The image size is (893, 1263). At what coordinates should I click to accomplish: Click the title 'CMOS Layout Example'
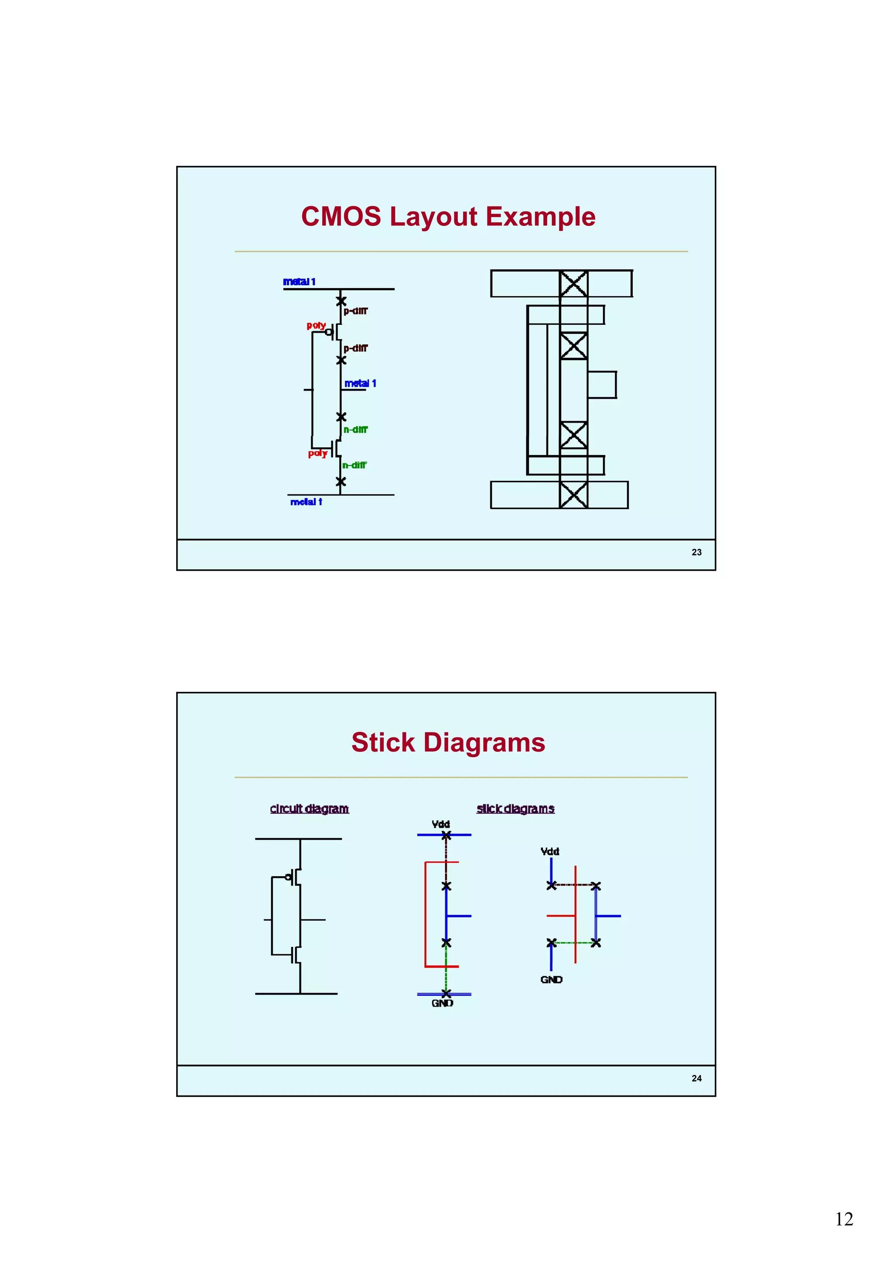click(x=448, y=216)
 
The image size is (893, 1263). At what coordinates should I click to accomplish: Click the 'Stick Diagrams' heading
click(x=448, y=742)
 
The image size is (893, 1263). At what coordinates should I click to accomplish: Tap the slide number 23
click(x=696, y=552)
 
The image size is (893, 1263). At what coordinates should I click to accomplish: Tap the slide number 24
click(x=696, y=1078)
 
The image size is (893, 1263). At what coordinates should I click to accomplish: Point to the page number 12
click(x=843, y=1219)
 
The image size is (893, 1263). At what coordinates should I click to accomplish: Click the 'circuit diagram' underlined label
click(x=309, y=809)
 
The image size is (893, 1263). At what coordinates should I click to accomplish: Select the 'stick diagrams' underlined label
click(x=515, y=809)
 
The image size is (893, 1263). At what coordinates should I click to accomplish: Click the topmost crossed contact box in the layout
click(x=573, y=284)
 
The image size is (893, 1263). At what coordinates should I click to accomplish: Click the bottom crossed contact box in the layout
click(x=573, y=494)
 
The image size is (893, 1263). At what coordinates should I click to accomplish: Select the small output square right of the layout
click(x=601, y=385)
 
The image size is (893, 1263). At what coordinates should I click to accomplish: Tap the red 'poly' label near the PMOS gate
click(x=316, y=325)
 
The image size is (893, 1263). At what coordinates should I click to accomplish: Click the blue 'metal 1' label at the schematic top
click(x=299, y=282)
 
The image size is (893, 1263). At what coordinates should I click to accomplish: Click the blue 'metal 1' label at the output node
click(x=360, y=383)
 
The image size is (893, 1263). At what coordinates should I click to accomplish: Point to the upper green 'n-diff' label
click(x=355, y=429)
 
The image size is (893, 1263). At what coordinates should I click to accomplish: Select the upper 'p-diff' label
click(x=355, y=311)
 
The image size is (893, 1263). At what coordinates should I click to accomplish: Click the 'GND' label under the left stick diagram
click(x=442, y=1003)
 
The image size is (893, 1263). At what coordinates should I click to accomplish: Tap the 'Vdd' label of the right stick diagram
click(x=550, y=851)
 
